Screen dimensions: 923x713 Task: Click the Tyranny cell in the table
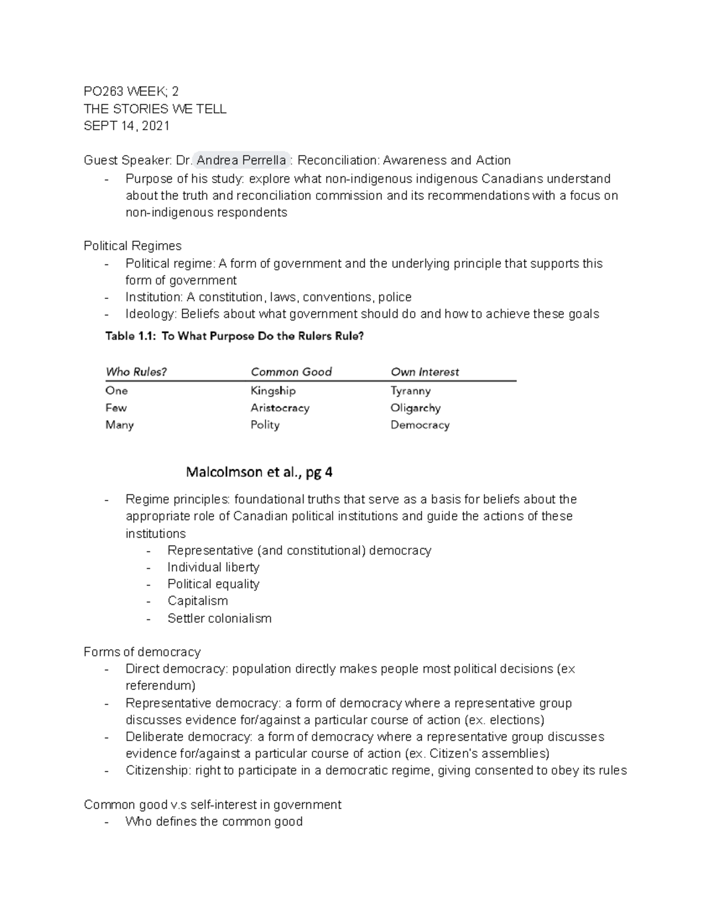tap(411, 390)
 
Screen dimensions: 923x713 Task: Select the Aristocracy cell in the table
tap(280, 408)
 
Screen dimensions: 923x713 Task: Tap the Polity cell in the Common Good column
tap(265, 425)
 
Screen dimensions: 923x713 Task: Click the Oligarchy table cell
tap(415, 408)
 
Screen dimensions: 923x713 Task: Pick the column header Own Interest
tap(425, 372)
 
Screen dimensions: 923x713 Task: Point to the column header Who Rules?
tap(136, 372)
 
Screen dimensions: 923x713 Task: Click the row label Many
tap(119, 425)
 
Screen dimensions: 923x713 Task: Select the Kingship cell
tap(273, 390)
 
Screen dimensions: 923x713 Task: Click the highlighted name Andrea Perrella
tap(241, 160)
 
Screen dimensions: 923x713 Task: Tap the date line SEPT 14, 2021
tap(127, 126)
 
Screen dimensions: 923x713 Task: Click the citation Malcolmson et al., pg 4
tap(259, 472)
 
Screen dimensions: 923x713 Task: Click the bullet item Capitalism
tap(197, 601)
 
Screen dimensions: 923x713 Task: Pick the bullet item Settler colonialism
tap(219, 618)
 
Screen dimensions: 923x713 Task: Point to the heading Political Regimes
tap(132, 246)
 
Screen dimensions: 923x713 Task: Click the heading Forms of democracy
tap(142, 652)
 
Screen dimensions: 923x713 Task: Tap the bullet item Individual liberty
tap(213, 567)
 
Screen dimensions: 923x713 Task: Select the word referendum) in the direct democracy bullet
tap(160, 686)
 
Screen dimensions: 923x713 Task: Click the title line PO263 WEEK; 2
tap(131, 92)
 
